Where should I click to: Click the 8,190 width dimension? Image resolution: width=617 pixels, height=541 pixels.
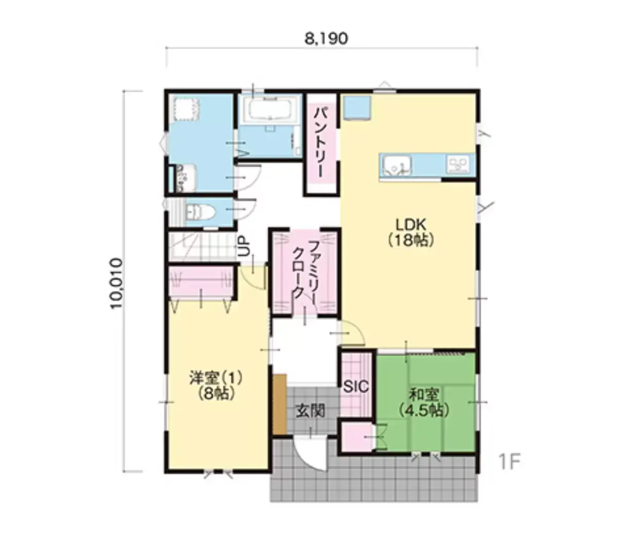point(326,39)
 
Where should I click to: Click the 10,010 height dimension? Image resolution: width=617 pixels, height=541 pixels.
point(117,283)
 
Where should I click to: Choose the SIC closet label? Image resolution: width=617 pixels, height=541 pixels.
point(356,387)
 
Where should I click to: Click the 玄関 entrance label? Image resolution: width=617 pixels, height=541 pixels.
point(311,411)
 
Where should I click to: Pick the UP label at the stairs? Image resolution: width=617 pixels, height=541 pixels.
point(245,246)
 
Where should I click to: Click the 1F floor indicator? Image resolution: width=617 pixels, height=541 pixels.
point(510,461)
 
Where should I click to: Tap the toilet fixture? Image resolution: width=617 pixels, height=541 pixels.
point(200,211)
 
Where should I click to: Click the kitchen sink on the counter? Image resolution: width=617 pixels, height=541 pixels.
point(397,165)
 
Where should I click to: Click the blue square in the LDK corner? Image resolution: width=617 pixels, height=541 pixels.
point(357,107)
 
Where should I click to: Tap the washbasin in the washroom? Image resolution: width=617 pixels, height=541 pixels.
point(186,178)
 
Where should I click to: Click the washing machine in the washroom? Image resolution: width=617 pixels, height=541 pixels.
point(186,108)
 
